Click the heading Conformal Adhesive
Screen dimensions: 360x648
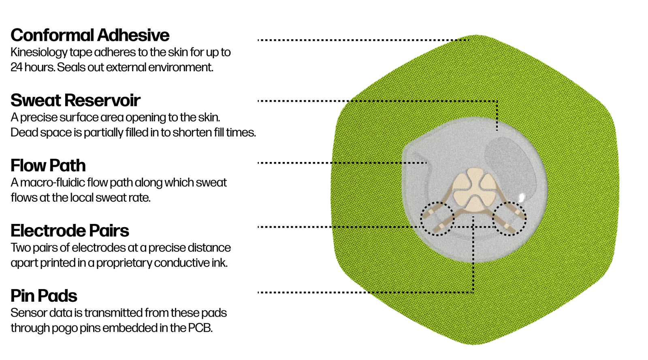[90, 36]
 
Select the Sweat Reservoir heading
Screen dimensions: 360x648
[75, 100]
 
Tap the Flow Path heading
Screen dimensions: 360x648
[48, 166]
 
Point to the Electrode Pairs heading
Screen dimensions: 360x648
[70, 231]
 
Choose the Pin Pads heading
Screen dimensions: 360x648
[44, 296]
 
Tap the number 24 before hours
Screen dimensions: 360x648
[16, 67]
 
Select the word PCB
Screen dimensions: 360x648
[200, 328]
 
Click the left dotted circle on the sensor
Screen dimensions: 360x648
[437, 219]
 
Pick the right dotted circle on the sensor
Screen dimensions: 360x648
[509, 218]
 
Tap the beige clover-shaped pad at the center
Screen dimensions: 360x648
[473, 190]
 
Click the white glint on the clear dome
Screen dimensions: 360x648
[522, 197]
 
